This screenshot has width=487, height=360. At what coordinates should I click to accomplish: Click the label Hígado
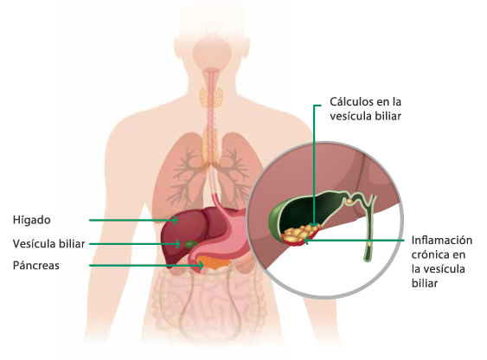pyautogui.click(x=32, y=220)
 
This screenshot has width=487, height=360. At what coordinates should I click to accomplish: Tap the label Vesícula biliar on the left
pyautogui.click(x=48, y=244)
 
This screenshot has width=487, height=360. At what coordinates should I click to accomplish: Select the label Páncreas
pyautogui.click(x=36, y=266)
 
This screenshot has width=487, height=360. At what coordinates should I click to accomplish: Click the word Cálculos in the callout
pyautogui.click(x=351, y=101)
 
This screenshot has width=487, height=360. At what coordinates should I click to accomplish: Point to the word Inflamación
pyautogui.click(x=442, y=241)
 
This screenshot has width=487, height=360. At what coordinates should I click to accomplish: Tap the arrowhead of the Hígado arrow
pyautogui.click(x=176, y=220)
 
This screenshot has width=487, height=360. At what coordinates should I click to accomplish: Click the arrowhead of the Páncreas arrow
pyautogui.click(x=202, y=266)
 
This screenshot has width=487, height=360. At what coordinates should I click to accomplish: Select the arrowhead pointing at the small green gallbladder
pyautogui.click(x=178, y=244)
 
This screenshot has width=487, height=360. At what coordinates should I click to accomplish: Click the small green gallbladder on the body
pyautogui.click(x=190, y=244)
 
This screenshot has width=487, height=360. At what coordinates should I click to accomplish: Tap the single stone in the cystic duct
pyautogui.click(x=349, y=202)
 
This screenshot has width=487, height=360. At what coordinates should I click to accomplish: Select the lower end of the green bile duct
pyautogui.click(x=367, y=259)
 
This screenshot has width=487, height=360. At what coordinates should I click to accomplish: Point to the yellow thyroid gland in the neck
pyautogui.click(x=211, y=96)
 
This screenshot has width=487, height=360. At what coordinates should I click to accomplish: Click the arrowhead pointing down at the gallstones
pyautogui.click(x=314, y=224)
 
